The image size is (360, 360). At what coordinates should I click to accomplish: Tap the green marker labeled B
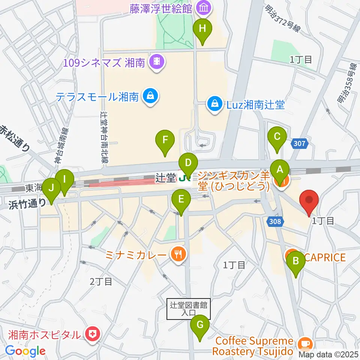[x=295, y=261]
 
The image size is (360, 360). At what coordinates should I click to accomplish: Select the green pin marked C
[x=277, y=136]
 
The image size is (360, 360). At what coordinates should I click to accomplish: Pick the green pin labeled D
[x=188, y=163]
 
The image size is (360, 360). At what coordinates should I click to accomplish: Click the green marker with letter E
[x=181, y=199]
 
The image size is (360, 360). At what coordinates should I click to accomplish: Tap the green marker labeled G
[x=199, y=325]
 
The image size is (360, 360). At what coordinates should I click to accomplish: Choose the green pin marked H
[x=202, y=28]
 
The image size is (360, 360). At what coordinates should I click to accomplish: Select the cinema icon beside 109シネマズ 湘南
[x=157, y=61]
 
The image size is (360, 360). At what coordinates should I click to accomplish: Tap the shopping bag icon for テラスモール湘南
[x=150, y=97]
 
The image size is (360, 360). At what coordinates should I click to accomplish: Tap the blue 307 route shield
[x=300, y=142]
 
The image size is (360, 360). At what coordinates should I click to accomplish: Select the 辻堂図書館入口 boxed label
[x=188, y=309]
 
